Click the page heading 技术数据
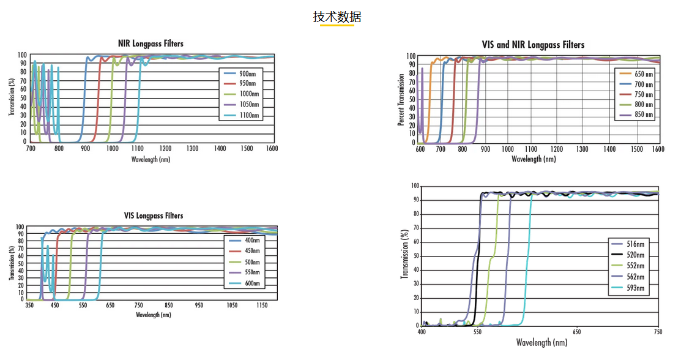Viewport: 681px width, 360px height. (x=337, y=17)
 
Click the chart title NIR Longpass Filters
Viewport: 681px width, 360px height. (x=151, y=43)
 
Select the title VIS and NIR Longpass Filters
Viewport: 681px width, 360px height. (x=533, y=45)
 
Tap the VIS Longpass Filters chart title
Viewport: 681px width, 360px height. (x=154, y=216)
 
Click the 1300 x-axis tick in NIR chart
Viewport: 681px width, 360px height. (x=192, y=149)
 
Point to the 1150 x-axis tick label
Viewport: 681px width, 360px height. (x=262, y=305)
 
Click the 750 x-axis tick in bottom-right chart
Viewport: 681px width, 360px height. (x=658, y=332)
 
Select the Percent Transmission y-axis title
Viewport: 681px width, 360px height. (x=401, y=100)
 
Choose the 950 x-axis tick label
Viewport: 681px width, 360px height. (x=199, y=305)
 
